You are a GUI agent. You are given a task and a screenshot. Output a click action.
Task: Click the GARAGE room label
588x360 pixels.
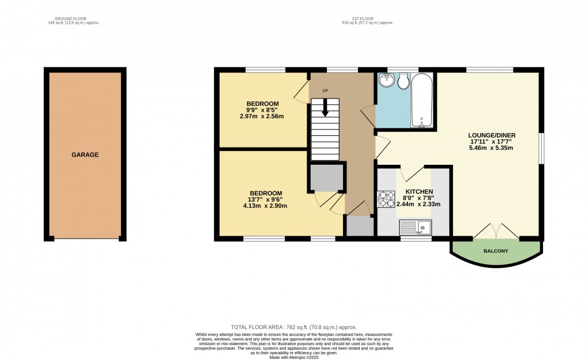point(85,155)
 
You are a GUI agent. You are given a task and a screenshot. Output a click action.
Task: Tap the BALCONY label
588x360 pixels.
point(496,251)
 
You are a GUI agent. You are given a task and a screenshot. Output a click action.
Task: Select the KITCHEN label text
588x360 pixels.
point(419,192)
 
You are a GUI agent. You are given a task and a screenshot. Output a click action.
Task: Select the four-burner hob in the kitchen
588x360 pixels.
point(386,199)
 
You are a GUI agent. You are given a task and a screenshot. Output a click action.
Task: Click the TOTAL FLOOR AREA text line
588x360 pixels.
point(293,327)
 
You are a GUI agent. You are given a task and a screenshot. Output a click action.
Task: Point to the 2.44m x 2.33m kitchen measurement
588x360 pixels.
point(419,204)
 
